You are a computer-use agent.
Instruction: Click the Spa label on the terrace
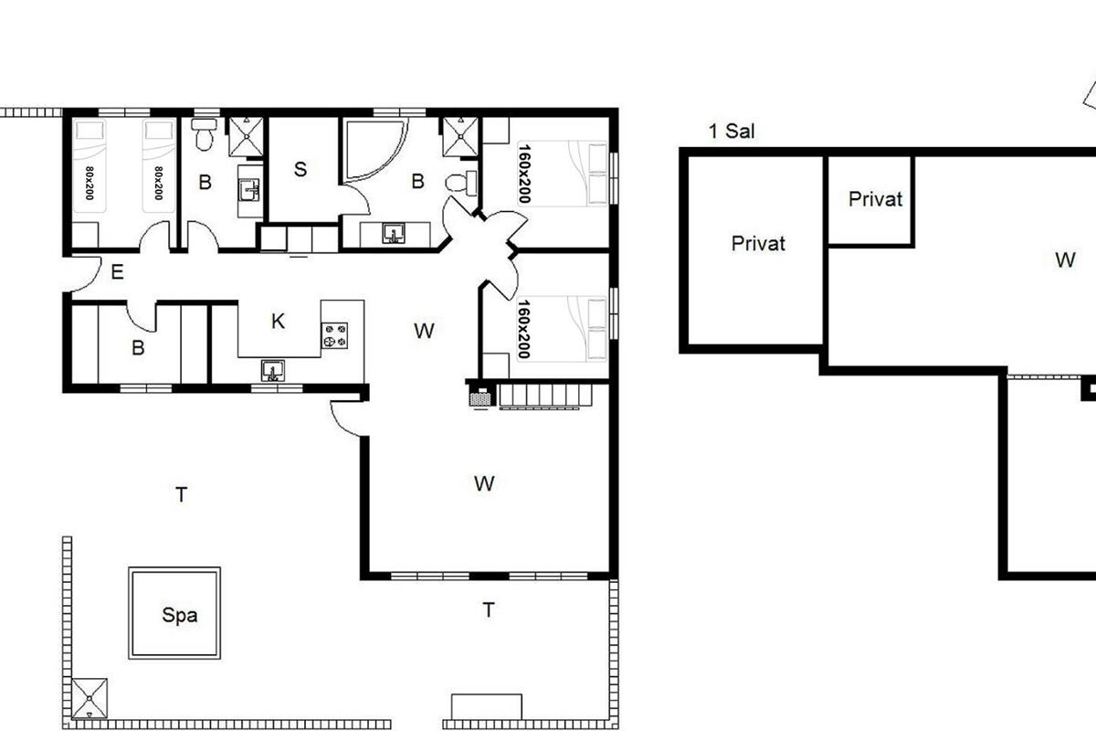pos(180,616)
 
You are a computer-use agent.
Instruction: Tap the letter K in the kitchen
pos(278,322)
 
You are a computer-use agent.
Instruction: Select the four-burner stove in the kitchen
pos(334,336)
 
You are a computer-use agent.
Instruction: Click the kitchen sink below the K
pos(273,371)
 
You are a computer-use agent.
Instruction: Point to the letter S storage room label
pos(300,169)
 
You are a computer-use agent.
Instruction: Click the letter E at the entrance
pos(118,271)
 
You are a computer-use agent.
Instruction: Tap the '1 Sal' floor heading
pos(732,132)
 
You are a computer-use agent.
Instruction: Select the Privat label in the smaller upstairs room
pos(875,199)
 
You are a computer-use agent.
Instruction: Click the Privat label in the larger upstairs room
pos(758,243)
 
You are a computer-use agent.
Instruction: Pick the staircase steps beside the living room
pos(546,396)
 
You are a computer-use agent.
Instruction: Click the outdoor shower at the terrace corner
pos(90,698)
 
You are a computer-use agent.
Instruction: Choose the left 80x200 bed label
pos(90,183)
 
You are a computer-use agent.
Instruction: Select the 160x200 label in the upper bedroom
pos(524,174)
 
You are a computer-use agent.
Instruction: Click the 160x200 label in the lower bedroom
pos(524,329)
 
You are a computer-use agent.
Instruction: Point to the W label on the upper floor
pos(1065,260)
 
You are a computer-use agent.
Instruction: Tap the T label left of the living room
pos(182,494)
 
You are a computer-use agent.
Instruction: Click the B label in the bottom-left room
pos(139,348)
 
